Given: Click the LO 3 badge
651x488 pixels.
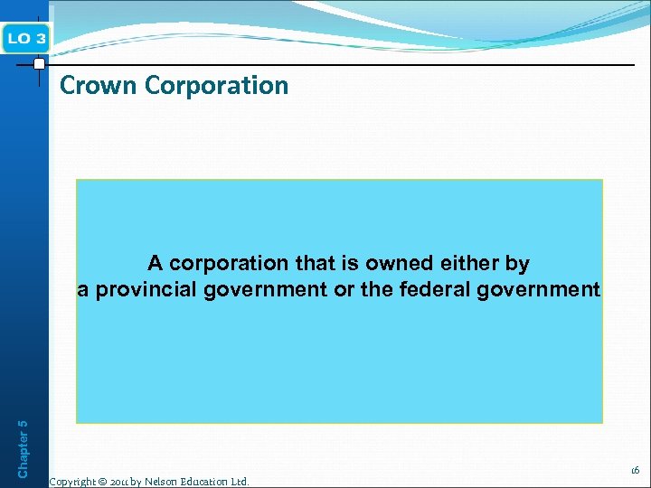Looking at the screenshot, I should coord(28,38).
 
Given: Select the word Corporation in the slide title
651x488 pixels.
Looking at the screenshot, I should coord(216,86).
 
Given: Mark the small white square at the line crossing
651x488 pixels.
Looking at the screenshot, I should coord(39,64).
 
